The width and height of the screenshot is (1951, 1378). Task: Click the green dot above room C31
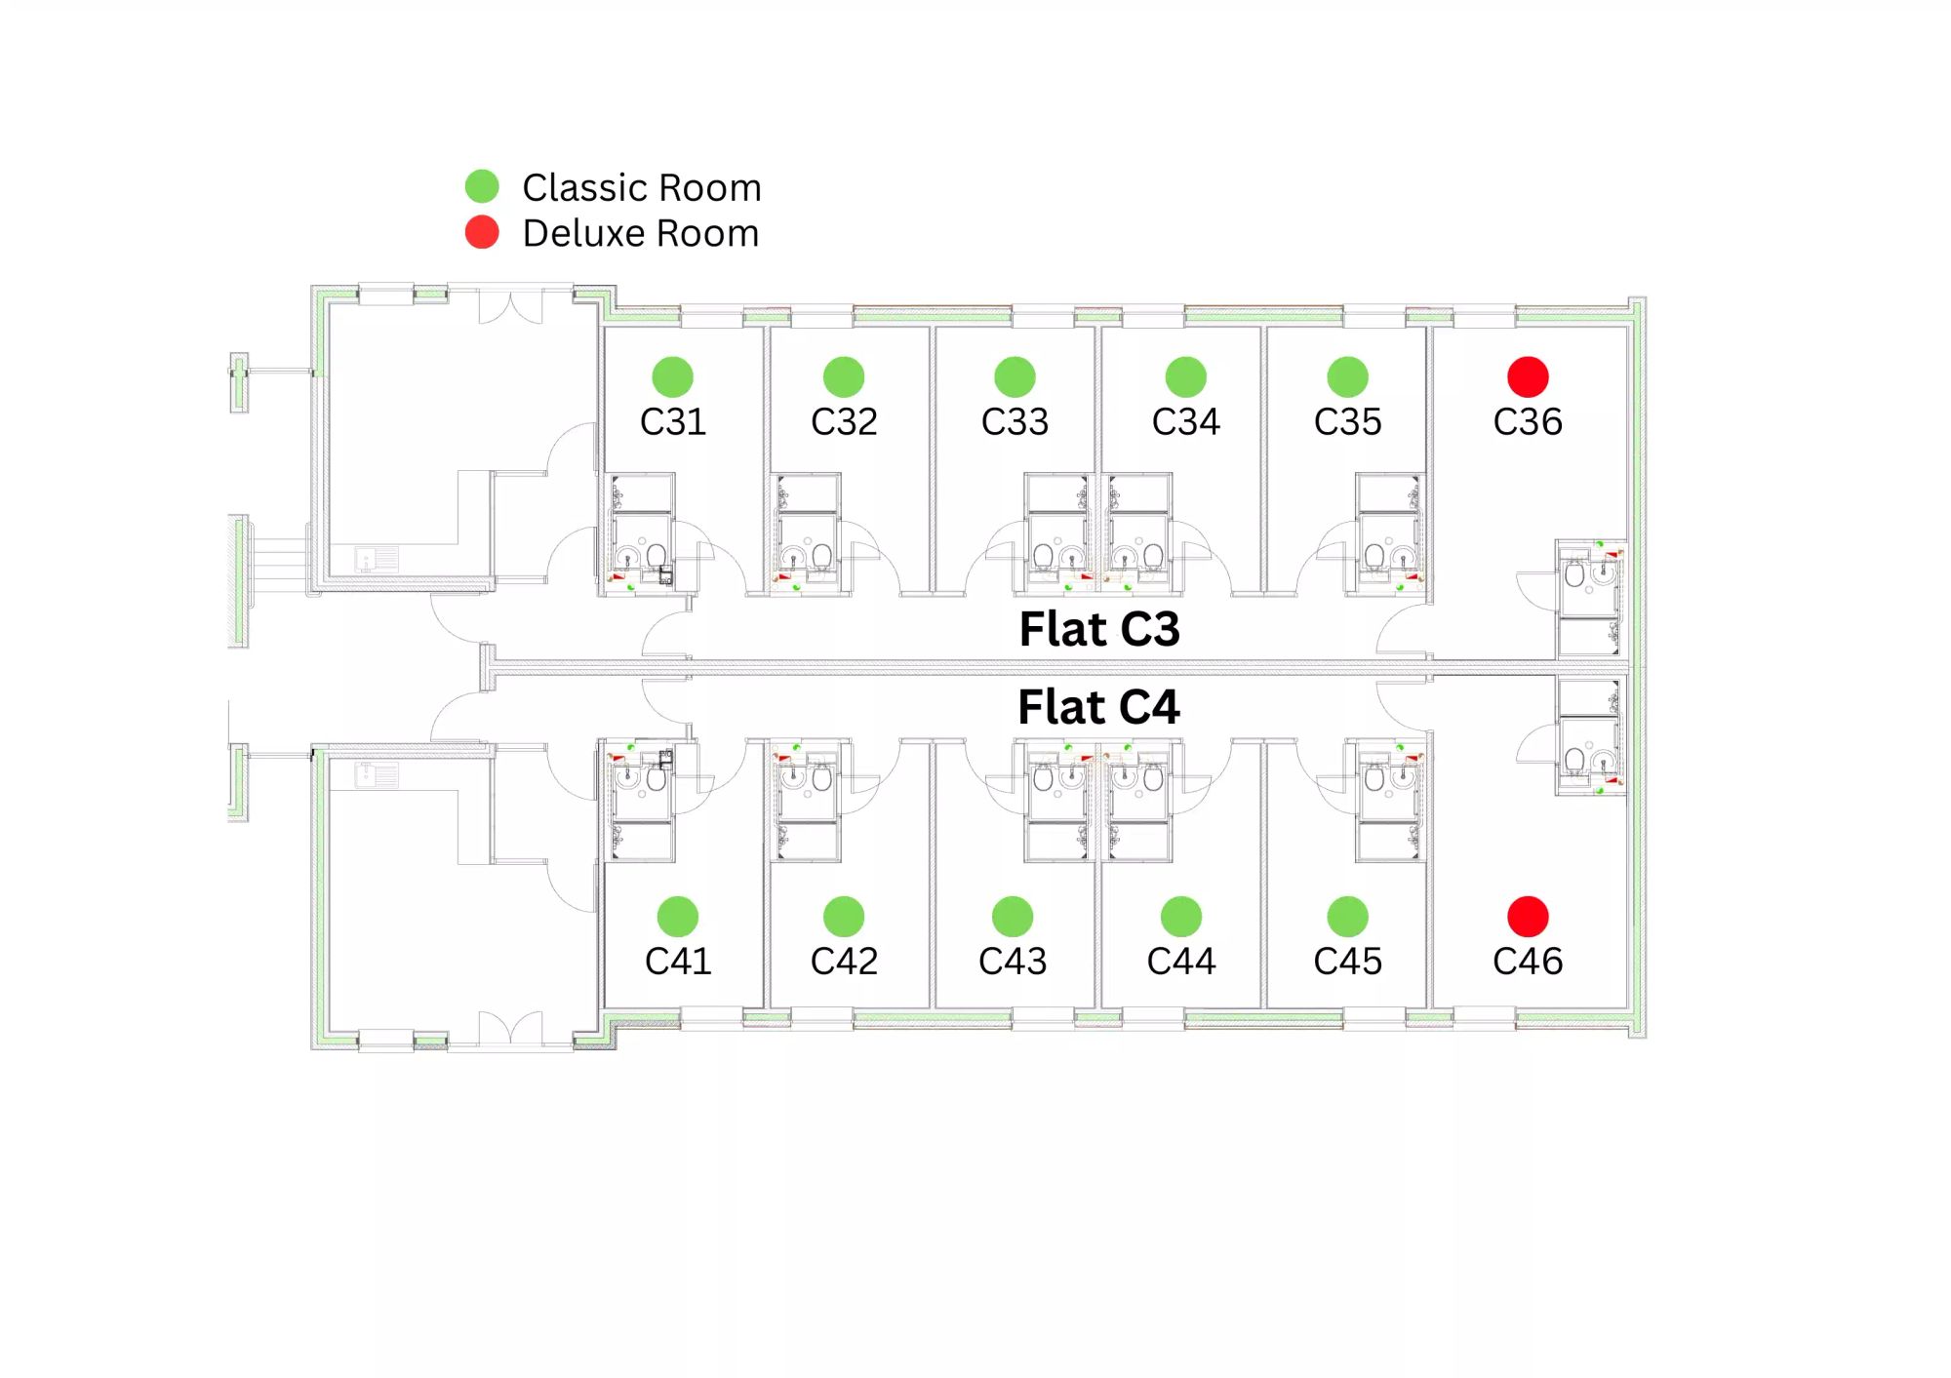pos(672,377)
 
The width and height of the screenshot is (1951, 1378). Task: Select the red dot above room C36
pos(1528,377)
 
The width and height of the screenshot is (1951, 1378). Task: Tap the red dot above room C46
pos(1528,917)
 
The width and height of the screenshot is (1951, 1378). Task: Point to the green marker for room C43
pos(1013,917)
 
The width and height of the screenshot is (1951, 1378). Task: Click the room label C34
pos(1185,422)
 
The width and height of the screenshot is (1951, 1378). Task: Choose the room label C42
pos(844,962)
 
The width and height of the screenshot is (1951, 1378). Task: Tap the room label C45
pos(1347,962)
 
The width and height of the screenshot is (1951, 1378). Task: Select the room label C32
pos(844,422)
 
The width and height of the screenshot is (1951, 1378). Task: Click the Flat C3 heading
pos(1099,629)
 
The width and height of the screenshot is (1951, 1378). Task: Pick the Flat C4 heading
pos(1098,707)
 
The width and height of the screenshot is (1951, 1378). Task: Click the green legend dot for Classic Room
pos(482,185)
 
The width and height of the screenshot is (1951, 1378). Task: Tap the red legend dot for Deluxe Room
pos(482,232)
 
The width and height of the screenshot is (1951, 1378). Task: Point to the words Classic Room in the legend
pos(641,187)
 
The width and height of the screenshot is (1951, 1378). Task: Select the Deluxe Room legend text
pos(640,234)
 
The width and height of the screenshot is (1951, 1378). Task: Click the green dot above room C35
pos(1347,377)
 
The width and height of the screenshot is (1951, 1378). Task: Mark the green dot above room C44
pos(1181,917)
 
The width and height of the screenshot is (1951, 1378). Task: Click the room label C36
pos(1528,422)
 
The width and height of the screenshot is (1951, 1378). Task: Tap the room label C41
pos(678,962)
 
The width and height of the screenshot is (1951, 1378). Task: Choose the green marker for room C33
pos(1015,377)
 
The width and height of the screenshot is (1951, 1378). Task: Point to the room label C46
pos(1528,962)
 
